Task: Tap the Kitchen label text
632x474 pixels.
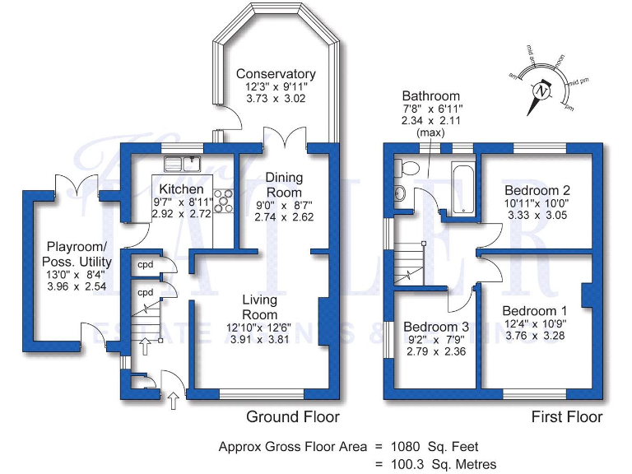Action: [x=181, y=189]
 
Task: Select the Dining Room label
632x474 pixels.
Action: [x=284, y=184]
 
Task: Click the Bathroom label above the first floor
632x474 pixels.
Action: [x=430, y=96]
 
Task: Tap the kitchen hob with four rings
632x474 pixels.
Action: [x=223, y=198]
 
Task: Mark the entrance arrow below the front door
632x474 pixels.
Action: [x=174, y=402]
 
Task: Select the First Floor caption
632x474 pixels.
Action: [x=566, y=417]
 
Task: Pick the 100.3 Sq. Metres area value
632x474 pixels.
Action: [x=448, y=465]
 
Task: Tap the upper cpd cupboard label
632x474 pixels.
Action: [x=145, y=265]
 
